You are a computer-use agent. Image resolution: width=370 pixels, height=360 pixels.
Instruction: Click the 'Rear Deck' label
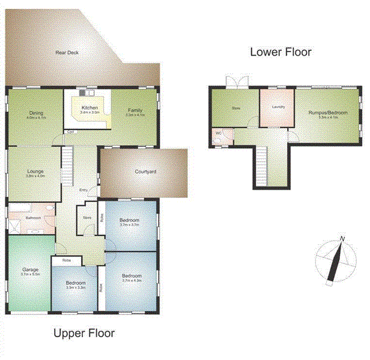pyautogui.click(x=67, y=53)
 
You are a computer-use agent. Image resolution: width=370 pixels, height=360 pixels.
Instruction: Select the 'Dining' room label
pyautogui.click(x=35, y=112)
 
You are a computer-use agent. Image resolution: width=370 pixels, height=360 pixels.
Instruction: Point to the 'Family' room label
pyautogui.click(x=135, y=109)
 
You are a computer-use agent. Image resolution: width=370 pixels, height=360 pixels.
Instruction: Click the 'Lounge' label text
pyautogui.click(x=34, y=171)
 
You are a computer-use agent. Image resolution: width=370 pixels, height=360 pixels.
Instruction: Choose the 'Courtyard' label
pyautogui.click(x=145, y=172)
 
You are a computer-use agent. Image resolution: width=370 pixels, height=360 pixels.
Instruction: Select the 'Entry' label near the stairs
pyautogui.click(x=83, y=190)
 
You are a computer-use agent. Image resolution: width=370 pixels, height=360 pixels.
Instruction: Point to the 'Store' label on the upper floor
pyautogui.click(x=86, y=218)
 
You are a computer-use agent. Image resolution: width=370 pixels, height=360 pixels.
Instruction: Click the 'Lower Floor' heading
pyautogui.click(x=281, y=52)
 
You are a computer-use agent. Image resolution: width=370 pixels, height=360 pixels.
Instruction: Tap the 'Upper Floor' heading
pyautogui.click(x=83, y=333)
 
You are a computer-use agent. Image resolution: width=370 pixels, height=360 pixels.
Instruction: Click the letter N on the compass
pyautogui.click(x=342, y=239)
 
